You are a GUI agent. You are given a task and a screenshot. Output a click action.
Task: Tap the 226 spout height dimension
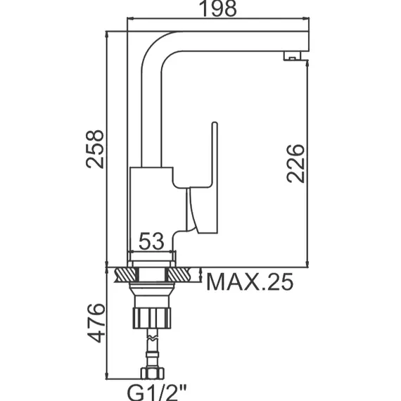pyautogui.click(x=295, y=163)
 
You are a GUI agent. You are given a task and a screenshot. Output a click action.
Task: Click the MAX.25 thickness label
pyautogui.click(x=249, y=282)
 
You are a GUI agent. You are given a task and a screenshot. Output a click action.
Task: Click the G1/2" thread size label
pyautogui.click(x=151, y=389)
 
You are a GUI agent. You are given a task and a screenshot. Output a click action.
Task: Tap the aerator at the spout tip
pyautogui.click(x=288, y=56)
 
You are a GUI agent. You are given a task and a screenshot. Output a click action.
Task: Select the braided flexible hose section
pyautogui.click(x=151, y=345)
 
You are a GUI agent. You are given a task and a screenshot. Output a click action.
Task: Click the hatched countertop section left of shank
pyautogui.click(x=123, y=274)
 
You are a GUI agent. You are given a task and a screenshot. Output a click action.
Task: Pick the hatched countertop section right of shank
pyautogui.click(x=184, y=274)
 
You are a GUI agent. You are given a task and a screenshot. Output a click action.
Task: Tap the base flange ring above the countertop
pyautogui.click(x=151, y=258)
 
